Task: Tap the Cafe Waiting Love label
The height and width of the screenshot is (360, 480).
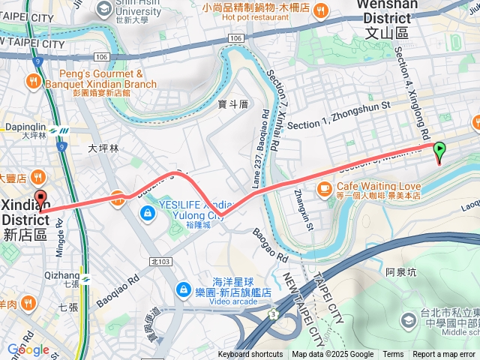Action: (x=379, y=187)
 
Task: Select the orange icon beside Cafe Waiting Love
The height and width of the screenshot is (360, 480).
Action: (x=325, y=187)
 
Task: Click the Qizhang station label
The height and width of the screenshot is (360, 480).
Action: (x=62, y=275)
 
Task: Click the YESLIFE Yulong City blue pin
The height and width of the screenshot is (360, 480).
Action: (x=148, y=214)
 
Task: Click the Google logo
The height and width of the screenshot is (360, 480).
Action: (x=28, y=349)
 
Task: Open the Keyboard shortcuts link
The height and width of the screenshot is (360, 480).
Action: (x=250, y=355)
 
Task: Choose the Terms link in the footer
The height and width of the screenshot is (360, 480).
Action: (x=393, y=355)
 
